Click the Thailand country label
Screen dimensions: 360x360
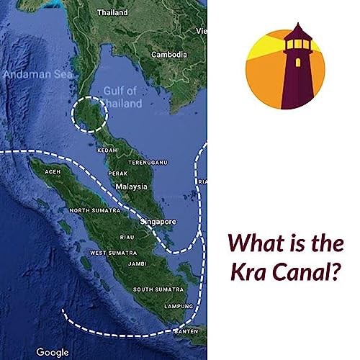pyautogui.click(x=112, y=12)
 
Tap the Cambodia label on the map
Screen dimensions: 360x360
pyautogui.click(x=169, y=55)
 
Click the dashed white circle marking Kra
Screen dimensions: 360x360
pyautogui.click(x=90, y=114)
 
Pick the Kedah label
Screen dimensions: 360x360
pyautogui.click(x=107, y=150)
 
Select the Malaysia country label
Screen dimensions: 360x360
pyautogui.click(x=132, y=186)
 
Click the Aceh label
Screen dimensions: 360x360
pyautogui.click(x=53, y=173)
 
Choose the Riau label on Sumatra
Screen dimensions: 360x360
pyautogui.click(x=128, y=236)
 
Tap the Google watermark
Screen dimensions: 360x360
pyautogui.click(x=53, y=352)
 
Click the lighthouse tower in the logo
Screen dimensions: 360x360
pyautogui.click(x=295, y=72)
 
